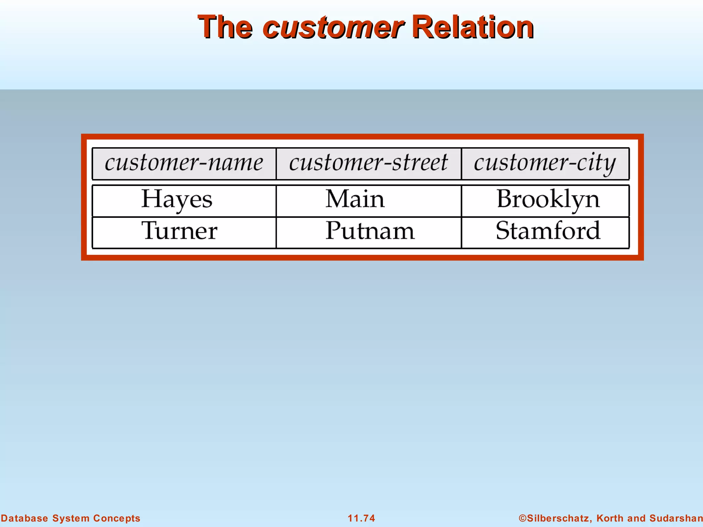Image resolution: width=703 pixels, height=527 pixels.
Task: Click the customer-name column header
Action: tap(184, 163)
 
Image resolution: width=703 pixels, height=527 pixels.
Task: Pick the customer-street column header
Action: tap(368, 163)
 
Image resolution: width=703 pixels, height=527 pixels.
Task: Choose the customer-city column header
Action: tap(545, 163)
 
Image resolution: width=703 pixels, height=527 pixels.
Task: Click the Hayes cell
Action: tap(177, 200)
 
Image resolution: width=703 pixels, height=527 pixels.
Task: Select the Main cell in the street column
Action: tap(355, 199)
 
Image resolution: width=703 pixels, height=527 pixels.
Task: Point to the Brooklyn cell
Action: tap(548, 200)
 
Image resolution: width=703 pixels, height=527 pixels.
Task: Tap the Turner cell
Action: tap(179, 231)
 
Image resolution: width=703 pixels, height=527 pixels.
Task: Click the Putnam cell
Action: tap(370, 231)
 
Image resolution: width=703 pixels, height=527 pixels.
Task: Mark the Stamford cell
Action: tap(548, 231)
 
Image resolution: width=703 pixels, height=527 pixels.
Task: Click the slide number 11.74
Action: tap(361, 518)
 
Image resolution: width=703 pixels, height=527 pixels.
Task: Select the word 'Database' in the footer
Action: tap(24, 518)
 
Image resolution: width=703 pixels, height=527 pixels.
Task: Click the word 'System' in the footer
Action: tap(71, 518)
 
